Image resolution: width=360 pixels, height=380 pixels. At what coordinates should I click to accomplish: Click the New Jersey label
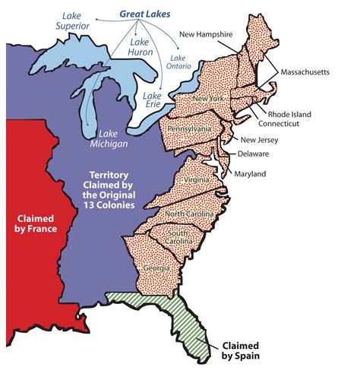pyautogui.click(x=259, y=140)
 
